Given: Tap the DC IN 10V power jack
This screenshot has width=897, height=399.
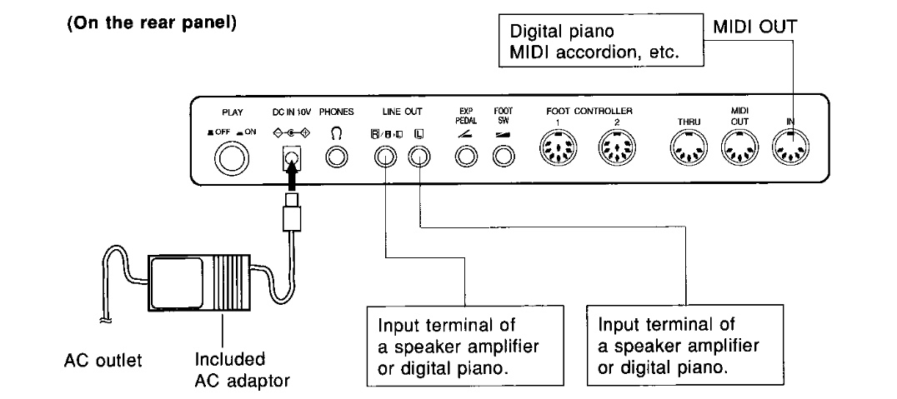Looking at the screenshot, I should pos(291,155).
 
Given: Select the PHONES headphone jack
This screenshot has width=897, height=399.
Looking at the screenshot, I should pos(337,156).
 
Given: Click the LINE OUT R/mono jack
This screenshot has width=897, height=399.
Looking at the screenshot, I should pos(384,156).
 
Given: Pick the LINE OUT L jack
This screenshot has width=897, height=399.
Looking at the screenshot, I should pos(418,156).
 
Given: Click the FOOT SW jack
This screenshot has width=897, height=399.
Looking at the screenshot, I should pos(503,156).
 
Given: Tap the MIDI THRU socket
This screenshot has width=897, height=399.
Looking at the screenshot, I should pos(689,152).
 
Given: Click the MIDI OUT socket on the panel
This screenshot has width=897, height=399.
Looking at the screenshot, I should pos(739,152).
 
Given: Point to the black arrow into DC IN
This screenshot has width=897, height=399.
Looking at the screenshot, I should pos(291,177).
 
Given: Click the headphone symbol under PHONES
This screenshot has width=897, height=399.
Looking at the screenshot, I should pos(337,133).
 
